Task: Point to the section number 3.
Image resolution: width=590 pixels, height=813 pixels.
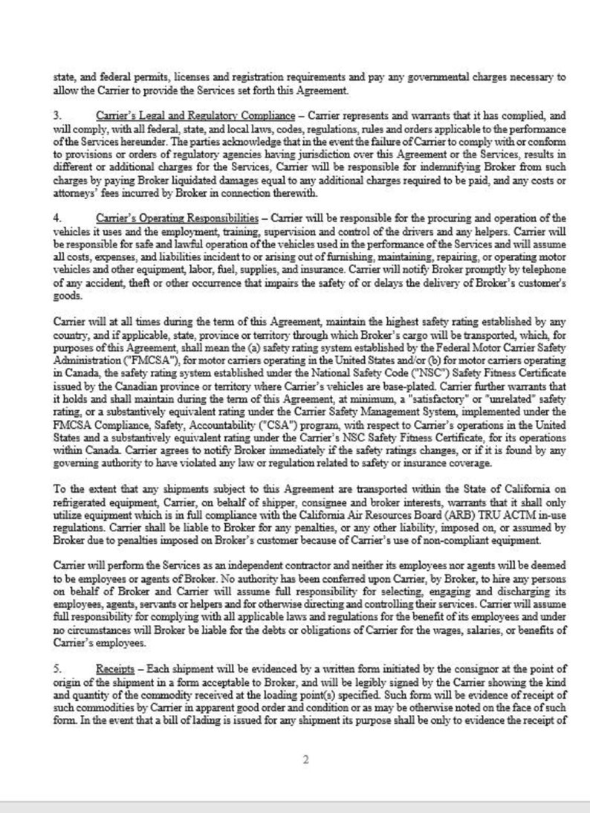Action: pyautogui.click(x=56, y=117)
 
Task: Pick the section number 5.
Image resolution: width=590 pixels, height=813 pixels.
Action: pyautogui.click(x=56, y=669)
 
